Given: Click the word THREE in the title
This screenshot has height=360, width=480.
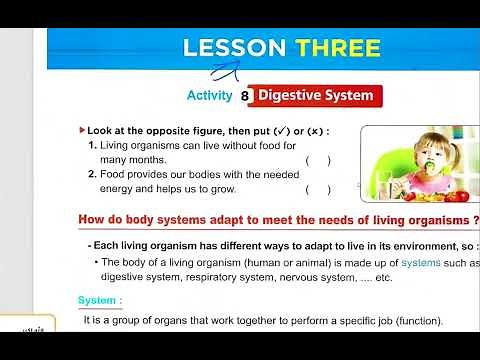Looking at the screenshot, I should click(337, 48).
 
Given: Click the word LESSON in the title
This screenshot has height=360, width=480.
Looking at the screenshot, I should click(236, 48).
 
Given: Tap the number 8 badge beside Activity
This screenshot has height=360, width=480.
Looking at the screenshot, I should click(245, 96).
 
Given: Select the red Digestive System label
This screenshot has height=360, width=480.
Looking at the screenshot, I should click(317, 96).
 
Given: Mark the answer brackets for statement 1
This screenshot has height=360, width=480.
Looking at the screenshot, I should click(318, 160).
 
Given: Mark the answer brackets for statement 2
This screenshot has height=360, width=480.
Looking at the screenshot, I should click(318, 189).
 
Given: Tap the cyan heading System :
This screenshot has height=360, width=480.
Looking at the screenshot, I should click(100, 300).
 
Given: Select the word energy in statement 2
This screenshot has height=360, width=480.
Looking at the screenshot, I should click(118, 189).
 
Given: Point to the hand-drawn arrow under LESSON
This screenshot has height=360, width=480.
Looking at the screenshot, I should click(232, 70).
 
